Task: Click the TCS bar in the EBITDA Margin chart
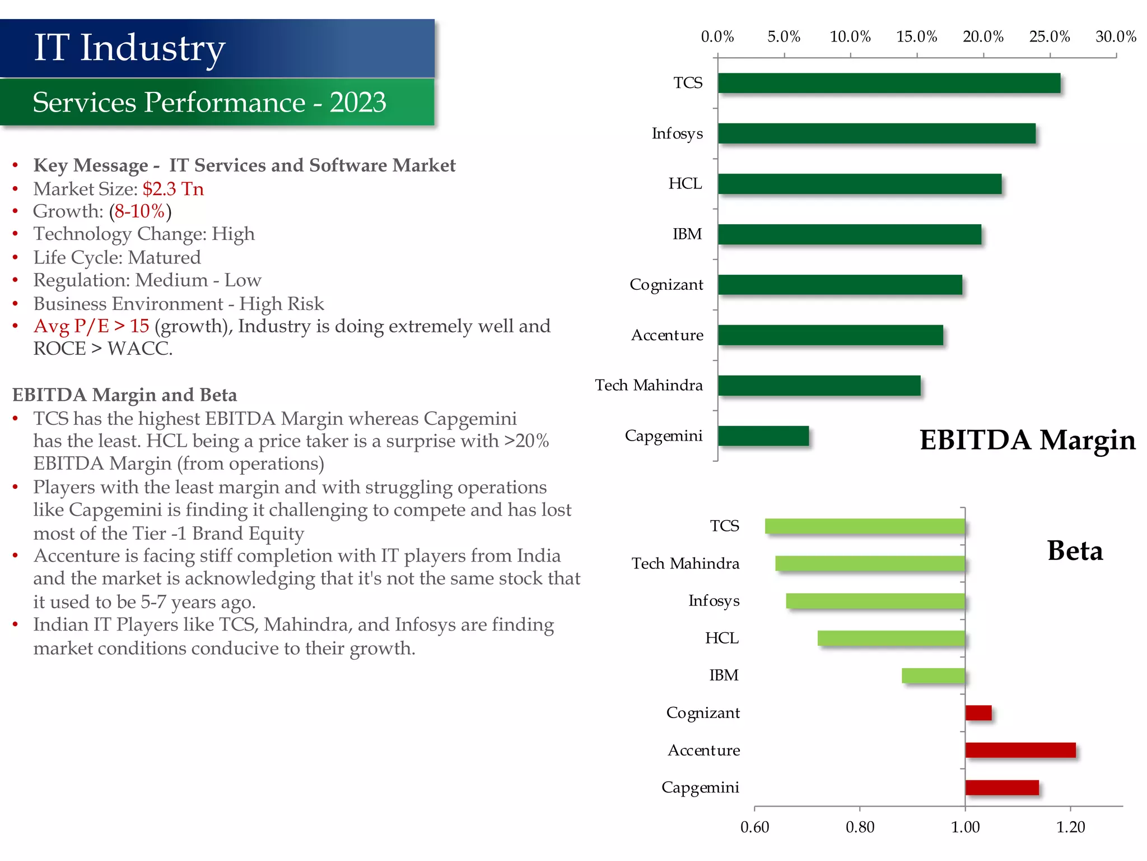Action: pos(889,83)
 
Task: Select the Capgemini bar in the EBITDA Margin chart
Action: pos(763,436)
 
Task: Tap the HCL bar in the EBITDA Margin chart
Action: pos(860,184)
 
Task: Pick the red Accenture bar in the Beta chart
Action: pos(1020,750)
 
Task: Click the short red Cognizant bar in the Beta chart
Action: pos(978,713)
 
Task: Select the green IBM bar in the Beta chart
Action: pos(933,675)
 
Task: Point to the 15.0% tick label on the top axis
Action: pos(916,37)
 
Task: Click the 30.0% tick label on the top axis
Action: pos(1116,37)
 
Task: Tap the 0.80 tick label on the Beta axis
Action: pos(860,827)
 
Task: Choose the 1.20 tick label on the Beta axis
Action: pos(1070,827)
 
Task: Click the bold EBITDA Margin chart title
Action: pos(1027,440)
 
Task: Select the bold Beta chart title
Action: pos(1075,550)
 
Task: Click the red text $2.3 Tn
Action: pos(173,189)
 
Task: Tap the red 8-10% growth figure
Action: pos(140,211)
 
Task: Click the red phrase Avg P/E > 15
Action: pos(91,326)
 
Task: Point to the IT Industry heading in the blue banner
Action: pos(129,48)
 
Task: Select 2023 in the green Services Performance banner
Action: pos(357,103)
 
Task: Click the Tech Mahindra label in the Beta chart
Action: pos(685,563)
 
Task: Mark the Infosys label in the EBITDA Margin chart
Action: pos(677,134)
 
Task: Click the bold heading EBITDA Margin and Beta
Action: pos(125,395)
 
